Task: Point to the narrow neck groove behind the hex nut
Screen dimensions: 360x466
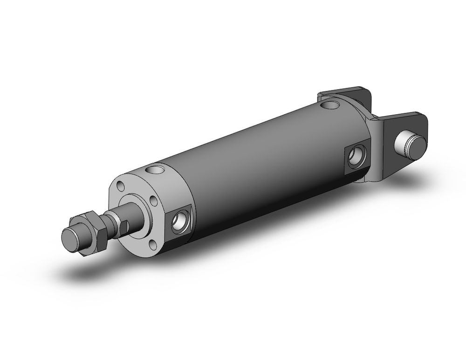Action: tap(110, 220)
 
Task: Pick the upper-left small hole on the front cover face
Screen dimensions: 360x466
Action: tap(121, 187)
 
